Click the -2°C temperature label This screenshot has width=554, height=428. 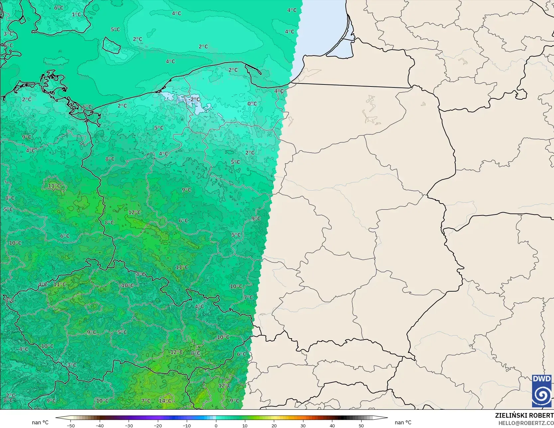tap(195, 99)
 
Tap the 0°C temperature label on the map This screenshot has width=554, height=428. tap(252, 104)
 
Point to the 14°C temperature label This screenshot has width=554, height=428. tap(165, 401)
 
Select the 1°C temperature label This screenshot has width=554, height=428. tap(76, 14)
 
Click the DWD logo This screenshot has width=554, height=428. tap(542, 391)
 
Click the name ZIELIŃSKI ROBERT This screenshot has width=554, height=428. tap(524, 415)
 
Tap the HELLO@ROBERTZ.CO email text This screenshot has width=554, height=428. tap(526, 423)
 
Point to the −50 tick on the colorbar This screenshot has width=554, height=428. tap(70, 425)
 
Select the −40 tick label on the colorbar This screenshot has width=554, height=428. tap(100, 425)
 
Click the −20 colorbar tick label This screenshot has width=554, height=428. tap(158, 425)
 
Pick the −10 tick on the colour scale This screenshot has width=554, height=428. tap(187, 425)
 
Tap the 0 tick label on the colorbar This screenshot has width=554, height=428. tap(216, 425)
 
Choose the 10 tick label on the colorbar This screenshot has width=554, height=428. tap(245, 425)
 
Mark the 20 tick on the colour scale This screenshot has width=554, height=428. tap(274, 425)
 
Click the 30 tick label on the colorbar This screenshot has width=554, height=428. tap(303, 425)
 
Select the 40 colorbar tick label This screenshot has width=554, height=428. tap(332, 425)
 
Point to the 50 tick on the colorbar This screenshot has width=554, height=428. tap(361, 425)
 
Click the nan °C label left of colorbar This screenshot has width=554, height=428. tap(40, 422)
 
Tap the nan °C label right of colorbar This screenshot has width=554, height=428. tap(403, 422)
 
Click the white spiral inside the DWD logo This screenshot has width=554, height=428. tap(542, 395)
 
